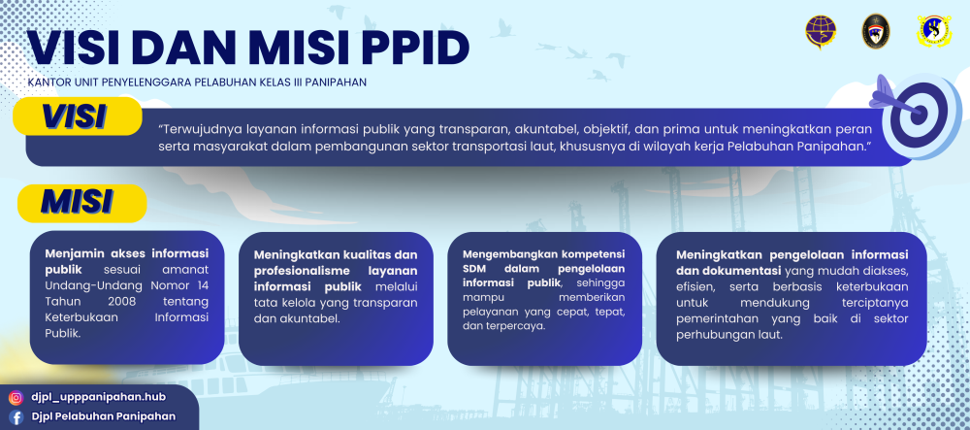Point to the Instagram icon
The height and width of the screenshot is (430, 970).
coord(16,397)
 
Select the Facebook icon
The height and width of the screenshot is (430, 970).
coord(16,417)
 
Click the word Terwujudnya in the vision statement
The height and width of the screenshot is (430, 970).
coord(207,128)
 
